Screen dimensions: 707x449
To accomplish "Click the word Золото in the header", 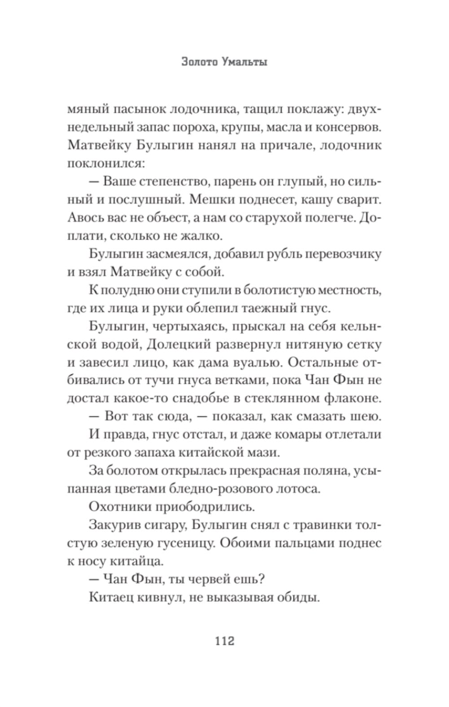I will [200, 62].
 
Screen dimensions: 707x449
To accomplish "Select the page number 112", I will [224, 640].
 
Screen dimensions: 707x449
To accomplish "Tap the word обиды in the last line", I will [297, 597].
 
